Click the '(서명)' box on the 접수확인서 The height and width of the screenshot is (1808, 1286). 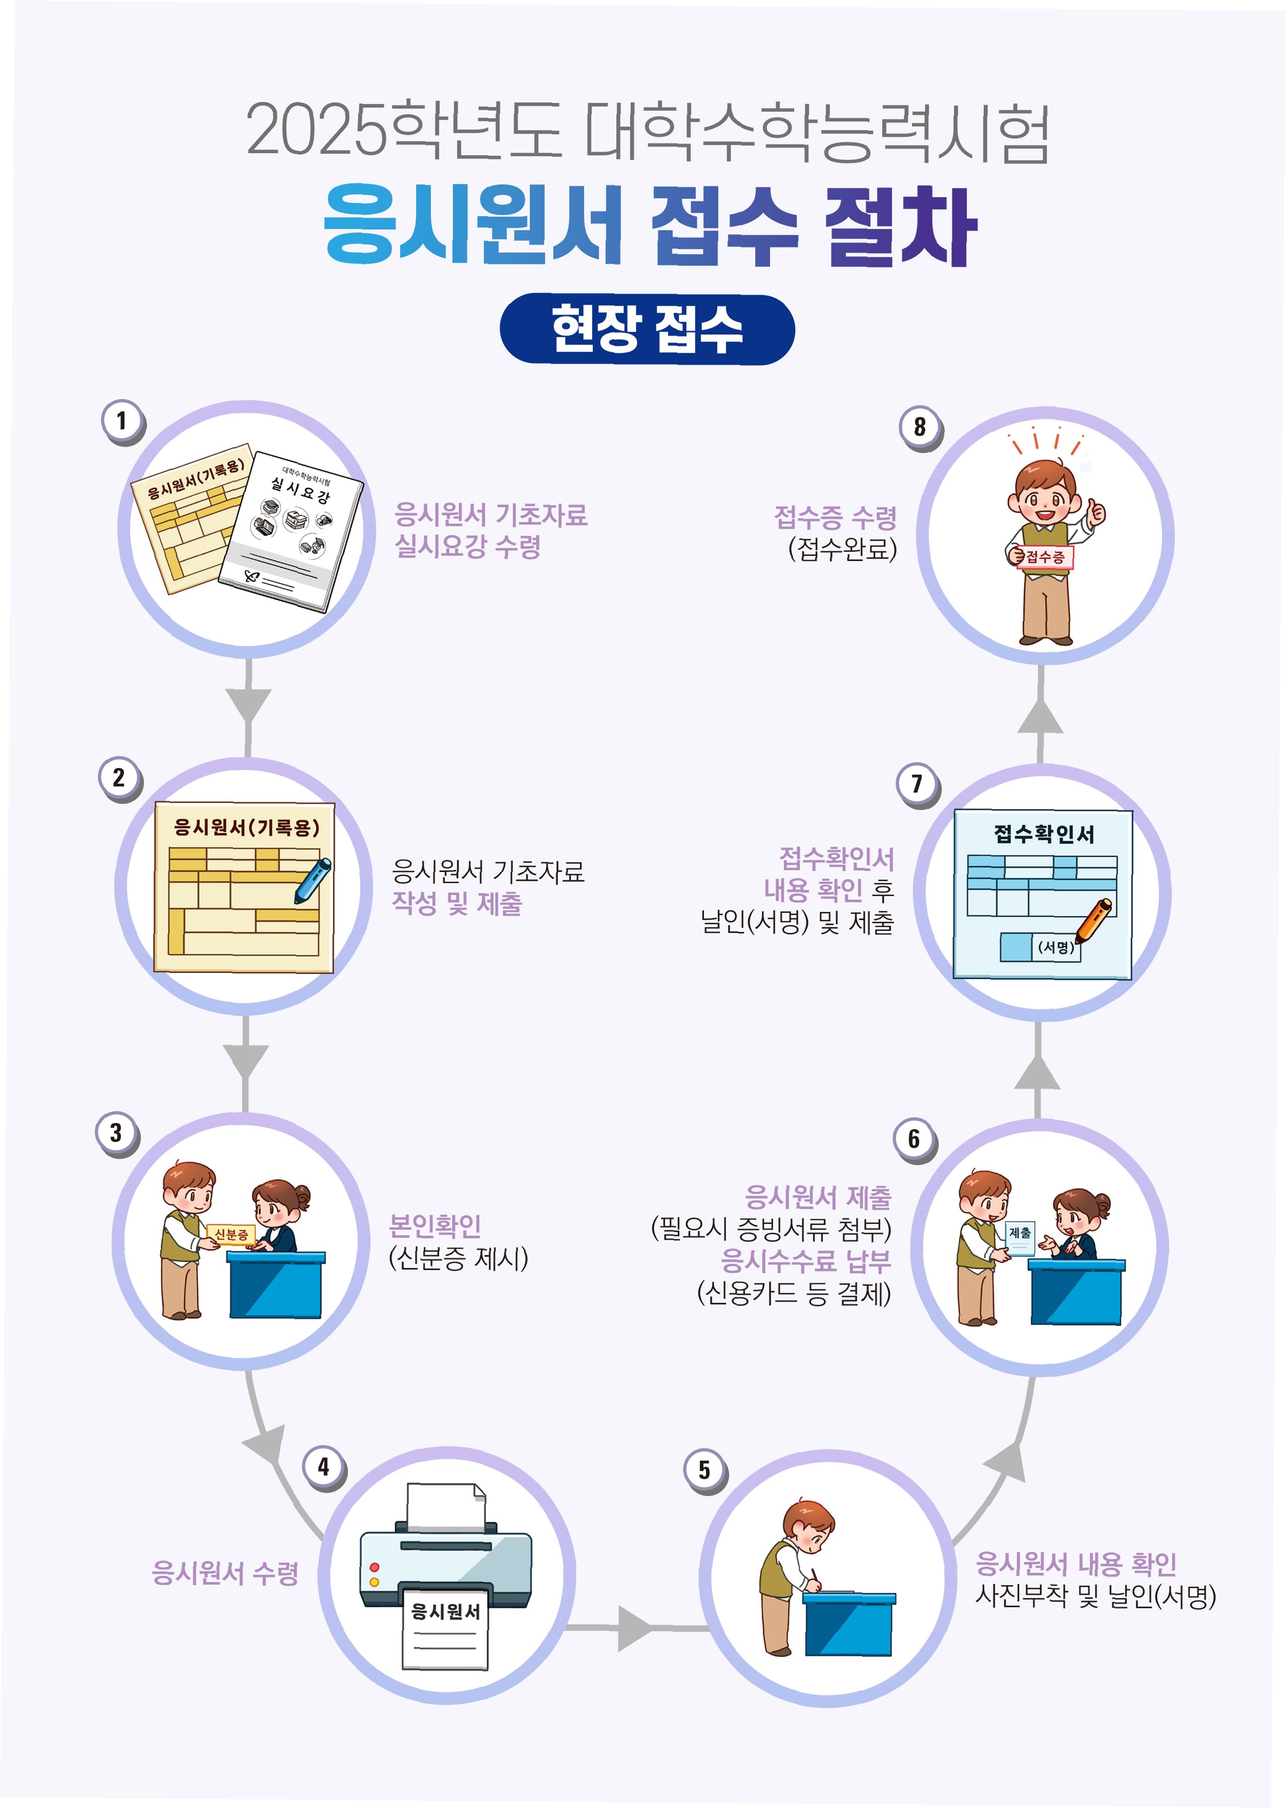click(1056, 946)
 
